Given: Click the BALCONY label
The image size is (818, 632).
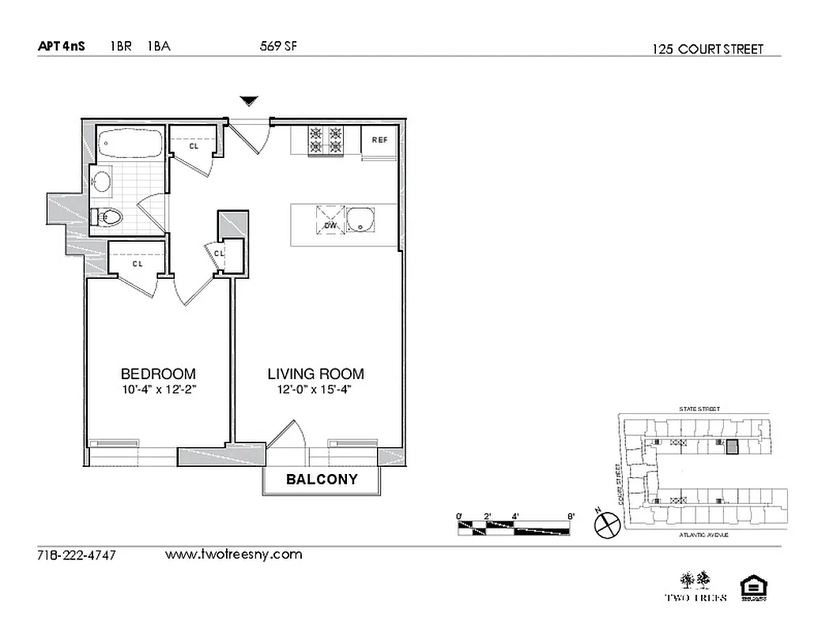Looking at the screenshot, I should (322, 479).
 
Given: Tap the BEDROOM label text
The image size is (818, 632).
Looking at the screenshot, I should (158, 374).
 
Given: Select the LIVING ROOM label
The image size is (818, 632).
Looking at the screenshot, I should (315, 374).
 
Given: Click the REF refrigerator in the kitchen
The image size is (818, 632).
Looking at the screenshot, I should (380, 141).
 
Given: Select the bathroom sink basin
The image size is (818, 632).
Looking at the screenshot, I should (103, 182).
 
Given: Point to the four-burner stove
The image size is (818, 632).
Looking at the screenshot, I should (326, 141).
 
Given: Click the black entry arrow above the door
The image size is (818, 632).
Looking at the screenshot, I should (250, 100).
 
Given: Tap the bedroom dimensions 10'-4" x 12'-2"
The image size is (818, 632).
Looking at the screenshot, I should (158, 389).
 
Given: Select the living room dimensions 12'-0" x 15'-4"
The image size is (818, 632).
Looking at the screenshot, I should (315, 389).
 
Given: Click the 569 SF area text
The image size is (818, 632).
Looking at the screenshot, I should (278, 46).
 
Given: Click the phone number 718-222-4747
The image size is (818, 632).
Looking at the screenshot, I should (77, 555).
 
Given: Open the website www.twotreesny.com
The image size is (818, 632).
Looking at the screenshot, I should (233, 555).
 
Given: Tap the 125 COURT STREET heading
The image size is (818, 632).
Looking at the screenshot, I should (708, 49).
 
